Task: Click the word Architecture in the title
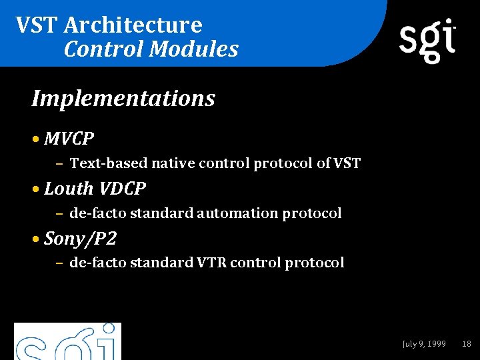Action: (x=133, y=25)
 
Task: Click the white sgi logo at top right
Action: (x=427, y=40)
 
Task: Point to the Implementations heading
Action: (x=123, y=99)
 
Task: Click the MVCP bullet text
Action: (x=69, y=139)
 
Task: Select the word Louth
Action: (x=69, y=189)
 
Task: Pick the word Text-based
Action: (x=109, y=163)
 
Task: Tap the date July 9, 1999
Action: (x=424, y=344)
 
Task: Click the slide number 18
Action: (x=467, y=344)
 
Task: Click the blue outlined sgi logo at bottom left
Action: (x=67, y=341)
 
